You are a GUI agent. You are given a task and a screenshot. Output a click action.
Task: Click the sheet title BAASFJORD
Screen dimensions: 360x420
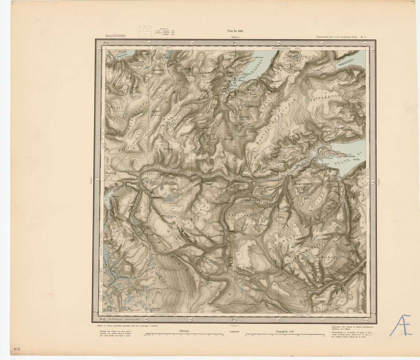(x=115, y=36)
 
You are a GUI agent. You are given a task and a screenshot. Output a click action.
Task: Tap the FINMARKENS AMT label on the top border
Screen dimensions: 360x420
(x=287, y=49)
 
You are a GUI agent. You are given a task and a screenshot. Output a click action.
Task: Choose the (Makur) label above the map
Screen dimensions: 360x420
(x=235, y=37)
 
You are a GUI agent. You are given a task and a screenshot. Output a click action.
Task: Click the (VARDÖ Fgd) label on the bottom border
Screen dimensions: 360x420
(x=302, y=315)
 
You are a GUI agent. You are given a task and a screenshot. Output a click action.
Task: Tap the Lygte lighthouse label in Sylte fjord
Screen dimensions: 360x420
(x=350, y=155)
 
